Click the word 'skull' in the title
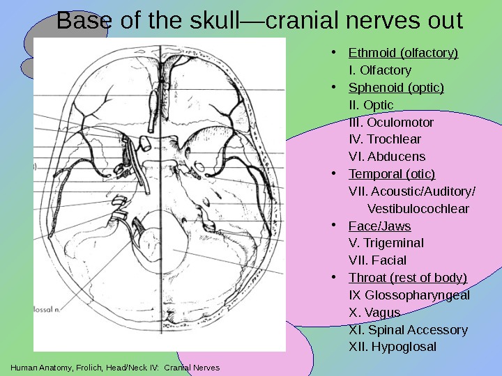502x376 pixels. (213, 21)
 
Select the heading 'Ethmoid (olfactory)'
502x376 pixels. (403, 53)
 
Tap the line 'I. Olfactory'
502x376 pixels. (379, 70)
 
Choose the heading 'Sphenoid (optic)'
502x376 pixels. (396, 88)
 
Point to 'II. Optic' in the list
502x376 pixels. (370, 105)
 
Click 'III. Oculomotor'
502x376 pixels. (390, 123)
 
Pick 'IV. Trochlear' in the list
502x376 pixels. (384, 139)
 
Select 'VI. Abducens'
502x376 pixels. (386, 157)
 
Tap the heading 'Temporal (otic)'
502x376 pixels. (392, 174)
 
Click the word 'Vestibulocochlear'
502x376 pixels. (418, 209)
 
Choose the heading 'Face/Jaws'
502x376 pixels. (379, 226)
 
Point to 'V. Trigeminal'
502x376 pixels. (386, 243)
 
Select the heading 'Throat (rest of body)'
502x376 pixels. (408, 278)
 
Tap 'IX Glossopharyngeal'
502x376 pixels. (409, 295)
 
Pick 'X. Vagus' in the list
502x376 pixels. (374, 312)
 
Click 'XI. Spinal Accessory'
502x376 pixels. (407, 329)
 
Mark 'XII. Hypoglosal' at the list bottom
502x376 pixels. (392, 347)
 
